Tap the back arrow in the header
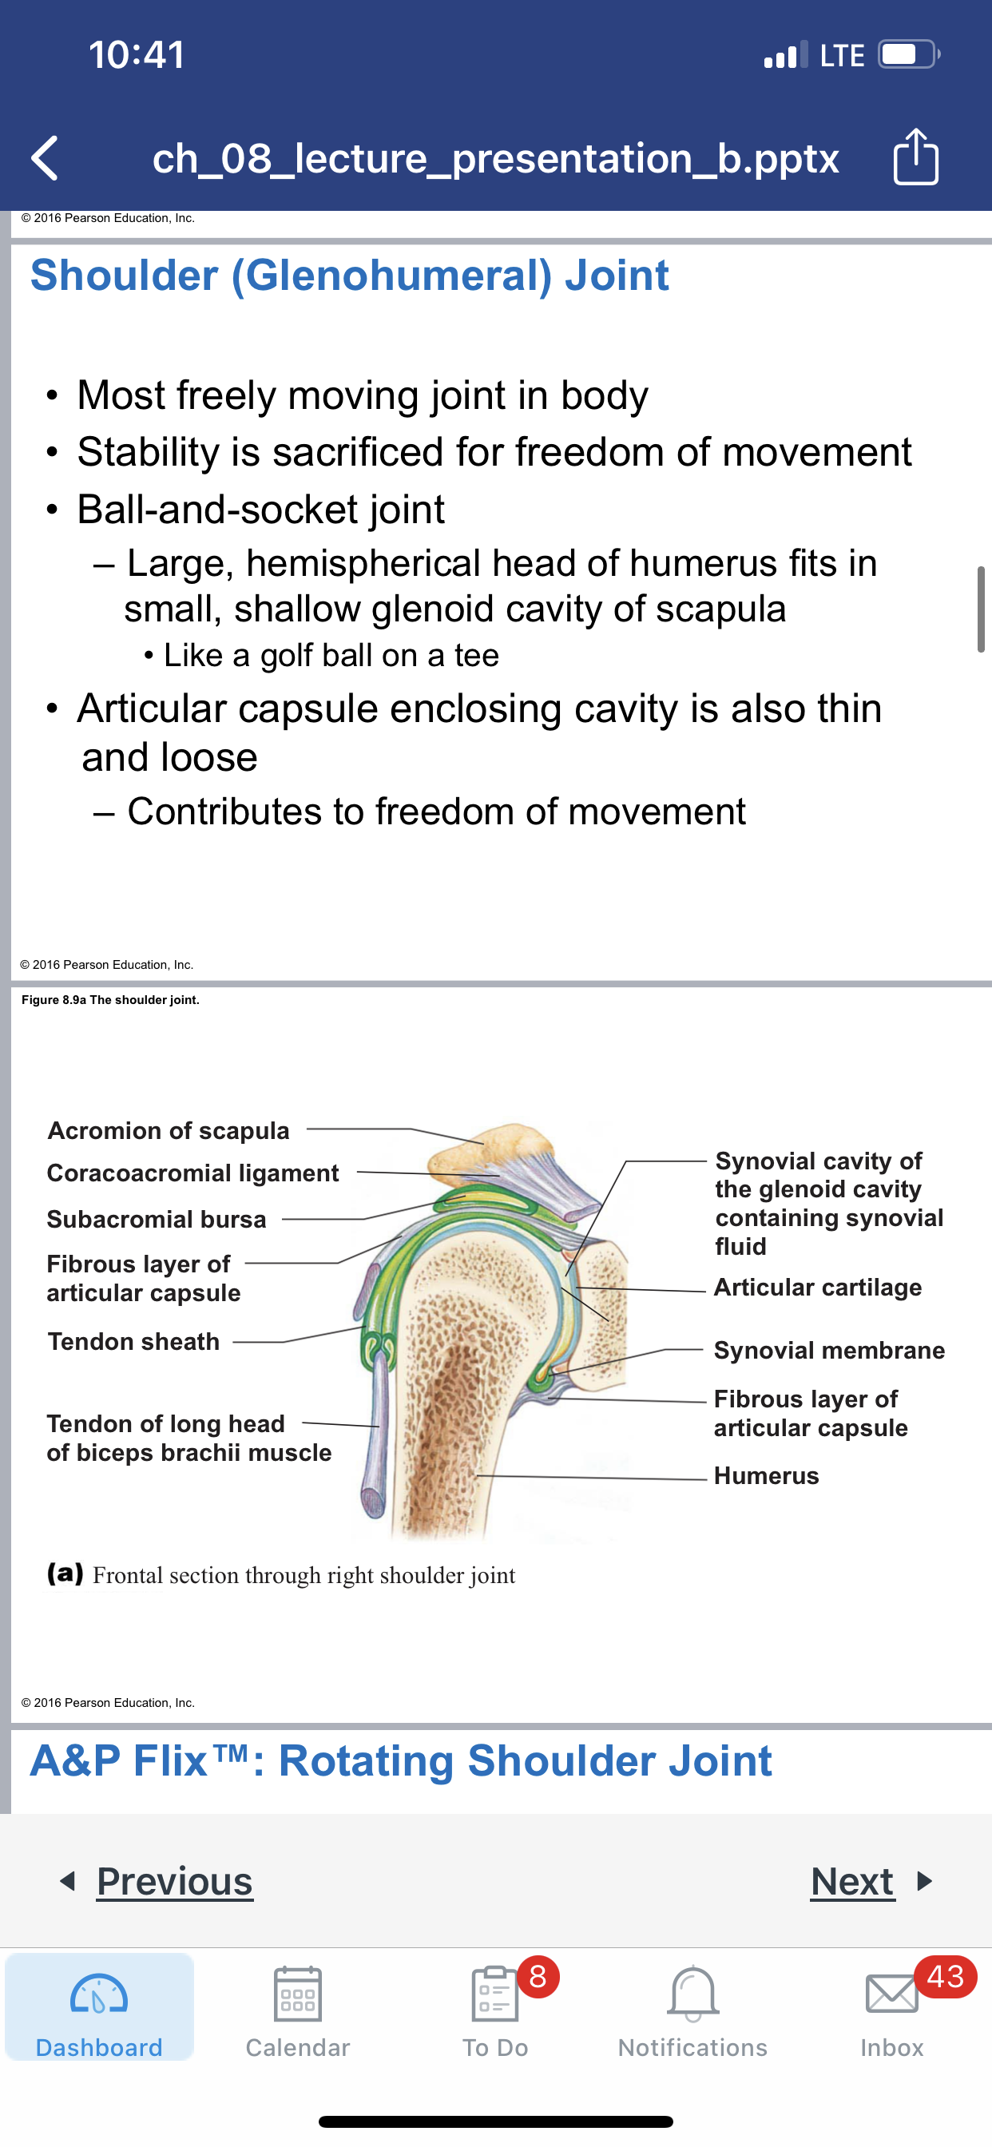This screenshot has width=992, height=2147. coord(44,157)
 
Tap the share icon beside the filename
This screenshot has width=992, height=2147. coord(915,156)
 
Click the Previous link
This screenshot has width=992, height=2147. coord(174,1881)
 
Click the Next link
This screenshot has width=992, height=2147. coord(853,1881)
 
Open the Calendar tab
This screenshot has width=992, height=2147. coord(298,2011)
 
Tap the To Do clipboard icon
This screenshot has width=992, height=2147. coord(494,1993)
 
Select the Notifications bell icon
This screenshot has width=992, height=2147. coord(692,1994)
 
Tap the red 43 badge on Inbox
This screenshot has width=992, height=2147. coord(946,1976)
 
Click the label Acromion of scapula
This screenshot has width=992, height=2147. coord(169,1130)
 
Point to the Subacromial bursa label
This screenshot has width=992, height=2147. coord(157,1220)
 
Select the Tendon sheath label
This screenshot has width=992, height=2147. coord(133,1341)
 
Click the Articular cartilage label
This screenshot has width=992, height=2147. coord(818,1287)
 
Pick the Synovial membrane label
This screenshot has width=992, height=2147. coord(829,1350)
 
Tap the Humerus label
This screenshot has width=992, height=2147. coord(766,1475)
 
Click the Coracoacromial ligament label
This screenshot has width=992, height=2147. coord(192,1173)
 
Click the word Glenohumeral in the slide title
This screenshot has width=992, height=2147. coord(392,276)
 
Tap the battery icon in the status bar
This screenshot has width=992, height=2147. coord(910,54)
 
